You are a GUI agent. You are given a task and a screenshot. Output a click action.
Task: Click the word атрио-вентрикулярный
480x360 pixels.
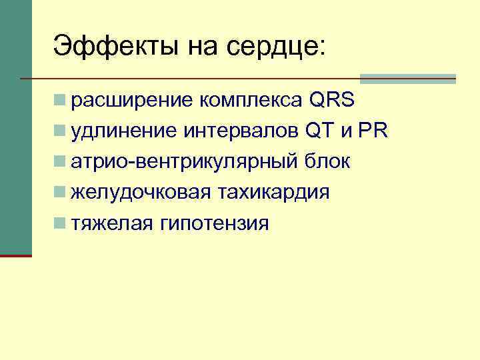pyautogui.click(x=184, y=162)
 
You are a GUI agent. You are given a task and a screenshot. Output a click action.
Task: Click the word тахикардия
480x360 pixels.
pyautogui.click(x=271, y=193)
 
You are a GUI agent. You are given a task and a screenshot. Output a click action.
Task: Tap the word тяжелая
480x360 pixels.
pyautogui.click(x=112, y=223)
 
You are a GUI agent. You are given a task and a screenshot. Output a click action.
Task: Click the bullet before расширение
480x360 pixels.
pyautogui.click(x=61, y=101)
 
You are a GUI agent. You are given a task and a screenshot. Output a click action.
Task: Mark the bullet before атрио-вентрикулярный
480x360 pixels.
pyautogui.click(x=61, y=163)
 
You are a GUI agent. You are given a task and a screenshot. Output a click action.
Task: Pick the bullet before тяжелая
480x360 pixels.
pyautogui.click(x=61, y=224)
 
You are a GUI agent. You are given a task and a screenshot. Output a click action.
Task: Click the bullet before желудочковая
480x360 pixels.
pyautogui.click(x=61, y=193)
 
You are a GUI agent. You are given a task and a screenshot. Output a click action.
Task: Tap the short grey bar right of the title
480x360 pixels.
pyautogui.click(x=408, y=79)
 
